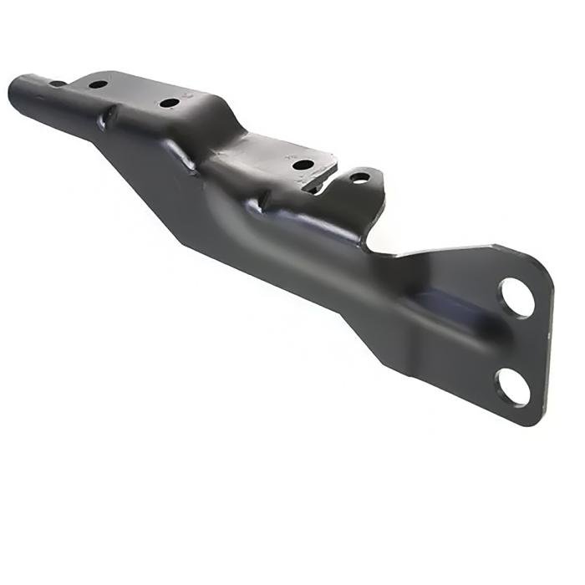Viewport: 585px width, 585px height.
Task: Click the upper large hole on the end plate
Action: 516,298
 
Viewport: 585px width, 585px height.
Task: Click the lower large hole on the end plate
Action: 512,386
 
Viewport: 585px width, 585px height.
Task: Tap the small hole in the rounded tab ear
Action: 359,178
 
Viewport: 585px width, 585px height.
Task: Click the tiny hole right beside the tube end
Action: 56,84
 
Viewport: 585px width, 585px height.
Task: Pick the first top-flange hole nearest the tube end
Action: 98,84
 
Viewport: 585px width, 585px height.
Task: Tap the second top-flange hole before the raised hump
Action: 169,104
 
